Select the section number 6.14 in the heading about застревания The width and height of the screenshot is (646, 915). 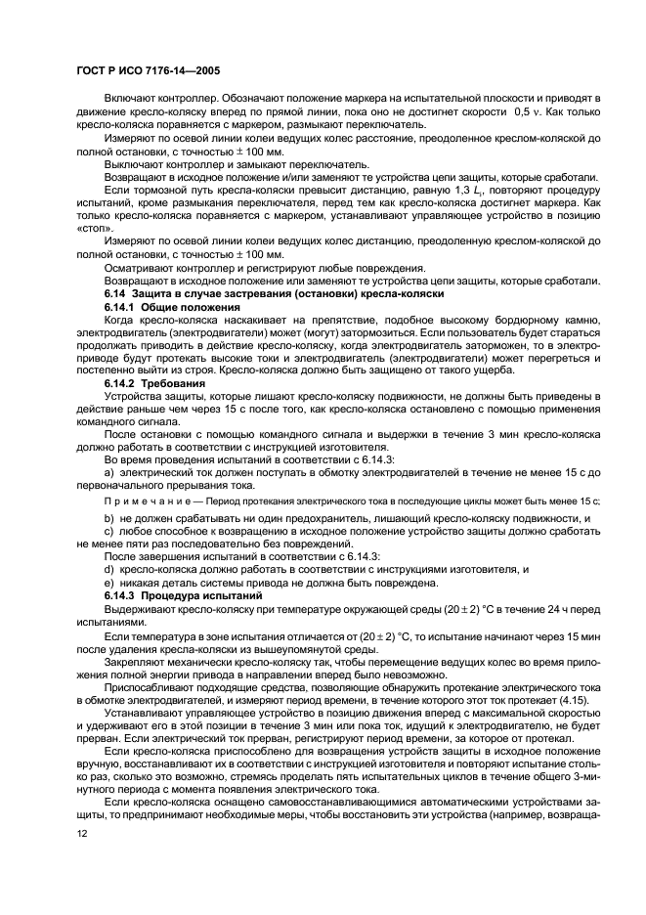tap(116, 294)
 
